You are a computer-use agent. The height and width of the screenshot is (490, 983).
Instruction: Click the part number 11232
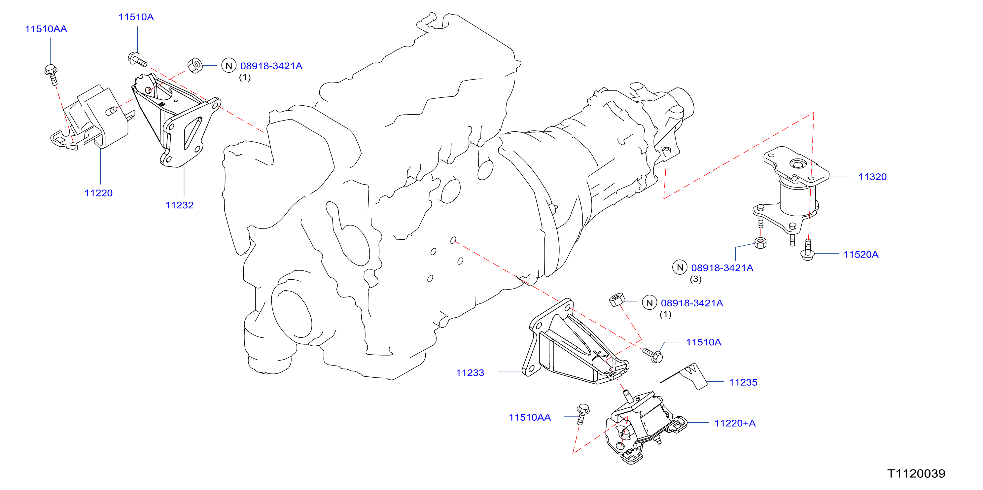coord(179,205)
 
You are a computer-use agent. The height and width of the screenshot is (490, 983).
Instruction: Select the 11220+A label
coord(735,423)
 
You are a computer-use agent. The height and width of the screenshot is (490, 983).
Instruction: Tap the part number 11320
coord(872,177)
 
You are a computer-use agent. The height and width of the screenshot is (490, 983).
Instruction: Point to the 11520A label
coord(861,255)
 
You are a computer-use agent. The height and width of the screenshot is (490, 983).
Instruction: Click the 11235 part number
coord(743,382)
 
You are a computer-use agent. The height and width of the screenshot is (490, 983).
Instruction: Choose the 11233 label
coord(470,373)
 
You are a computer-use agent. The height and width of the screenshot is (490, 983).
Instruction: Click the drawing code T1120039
coord(916,473)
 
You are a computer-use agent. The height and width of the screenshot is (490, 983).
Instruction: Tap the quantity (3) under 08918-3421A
coord(696,279)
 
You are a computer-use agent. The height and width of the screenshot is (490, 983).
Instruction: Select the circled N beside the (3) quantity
coord(680,267)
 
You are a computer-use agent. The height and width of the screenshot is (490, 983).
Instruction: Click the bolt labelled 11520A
coord(807,250)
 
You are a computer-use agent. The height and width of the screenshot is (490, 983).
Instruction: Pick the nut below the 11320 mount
coord(760,243)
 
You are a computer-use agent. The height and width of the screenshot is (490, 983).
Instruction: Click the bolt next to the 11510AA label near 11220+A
coord(583,414)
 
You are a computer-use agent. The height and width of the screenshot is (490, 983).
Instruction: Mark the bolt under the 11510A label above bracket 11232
coord(137,59)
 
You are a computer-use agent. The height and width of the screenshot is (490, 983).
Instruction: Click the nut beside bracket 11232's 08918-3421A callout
coord(195,65)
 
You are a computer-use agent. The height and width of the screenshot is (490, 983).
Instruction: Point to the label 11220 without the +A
coord(98,193)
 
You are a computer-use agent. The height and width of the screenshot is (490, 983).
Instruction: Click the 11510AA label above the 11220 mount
coord(46,29)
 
